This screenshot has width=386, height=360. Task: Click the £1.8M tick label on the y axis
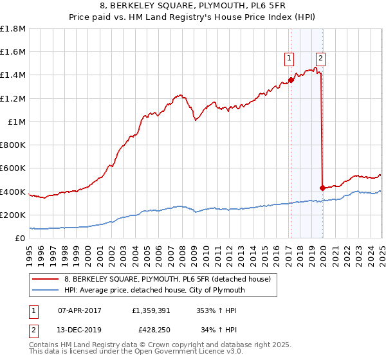pos(13,29)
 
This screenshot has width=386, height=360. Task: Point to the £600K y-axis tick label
pos(13,168)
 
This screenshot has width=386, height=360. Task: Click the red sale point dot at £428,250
pos(322,188)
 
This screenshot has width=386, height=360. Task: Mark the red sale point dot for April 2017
pos(291,80)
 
